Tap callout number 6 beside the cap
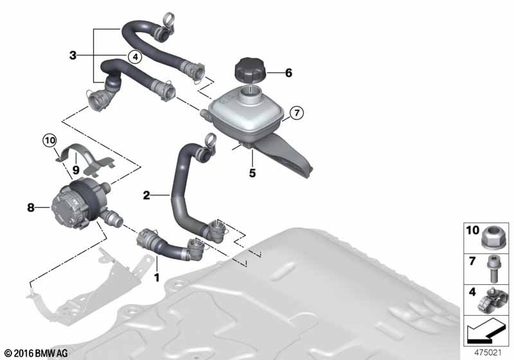(288, 73)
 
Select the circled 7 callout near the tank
(297, 113)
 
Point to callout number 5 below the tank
(252, 173)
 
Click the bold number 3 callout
(73, 55)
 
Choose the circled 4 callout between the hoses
(135, 57)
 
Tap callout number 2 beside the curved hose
(146, 195)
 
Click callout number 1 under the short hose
(157, 277)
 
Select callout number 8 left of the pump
(30, 207)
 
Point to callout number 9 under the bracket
(76, 170)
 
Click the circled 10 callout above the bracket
(49, 141)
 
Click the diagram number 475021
(488, 353)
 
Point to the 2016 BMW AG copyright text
(36, 353)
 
